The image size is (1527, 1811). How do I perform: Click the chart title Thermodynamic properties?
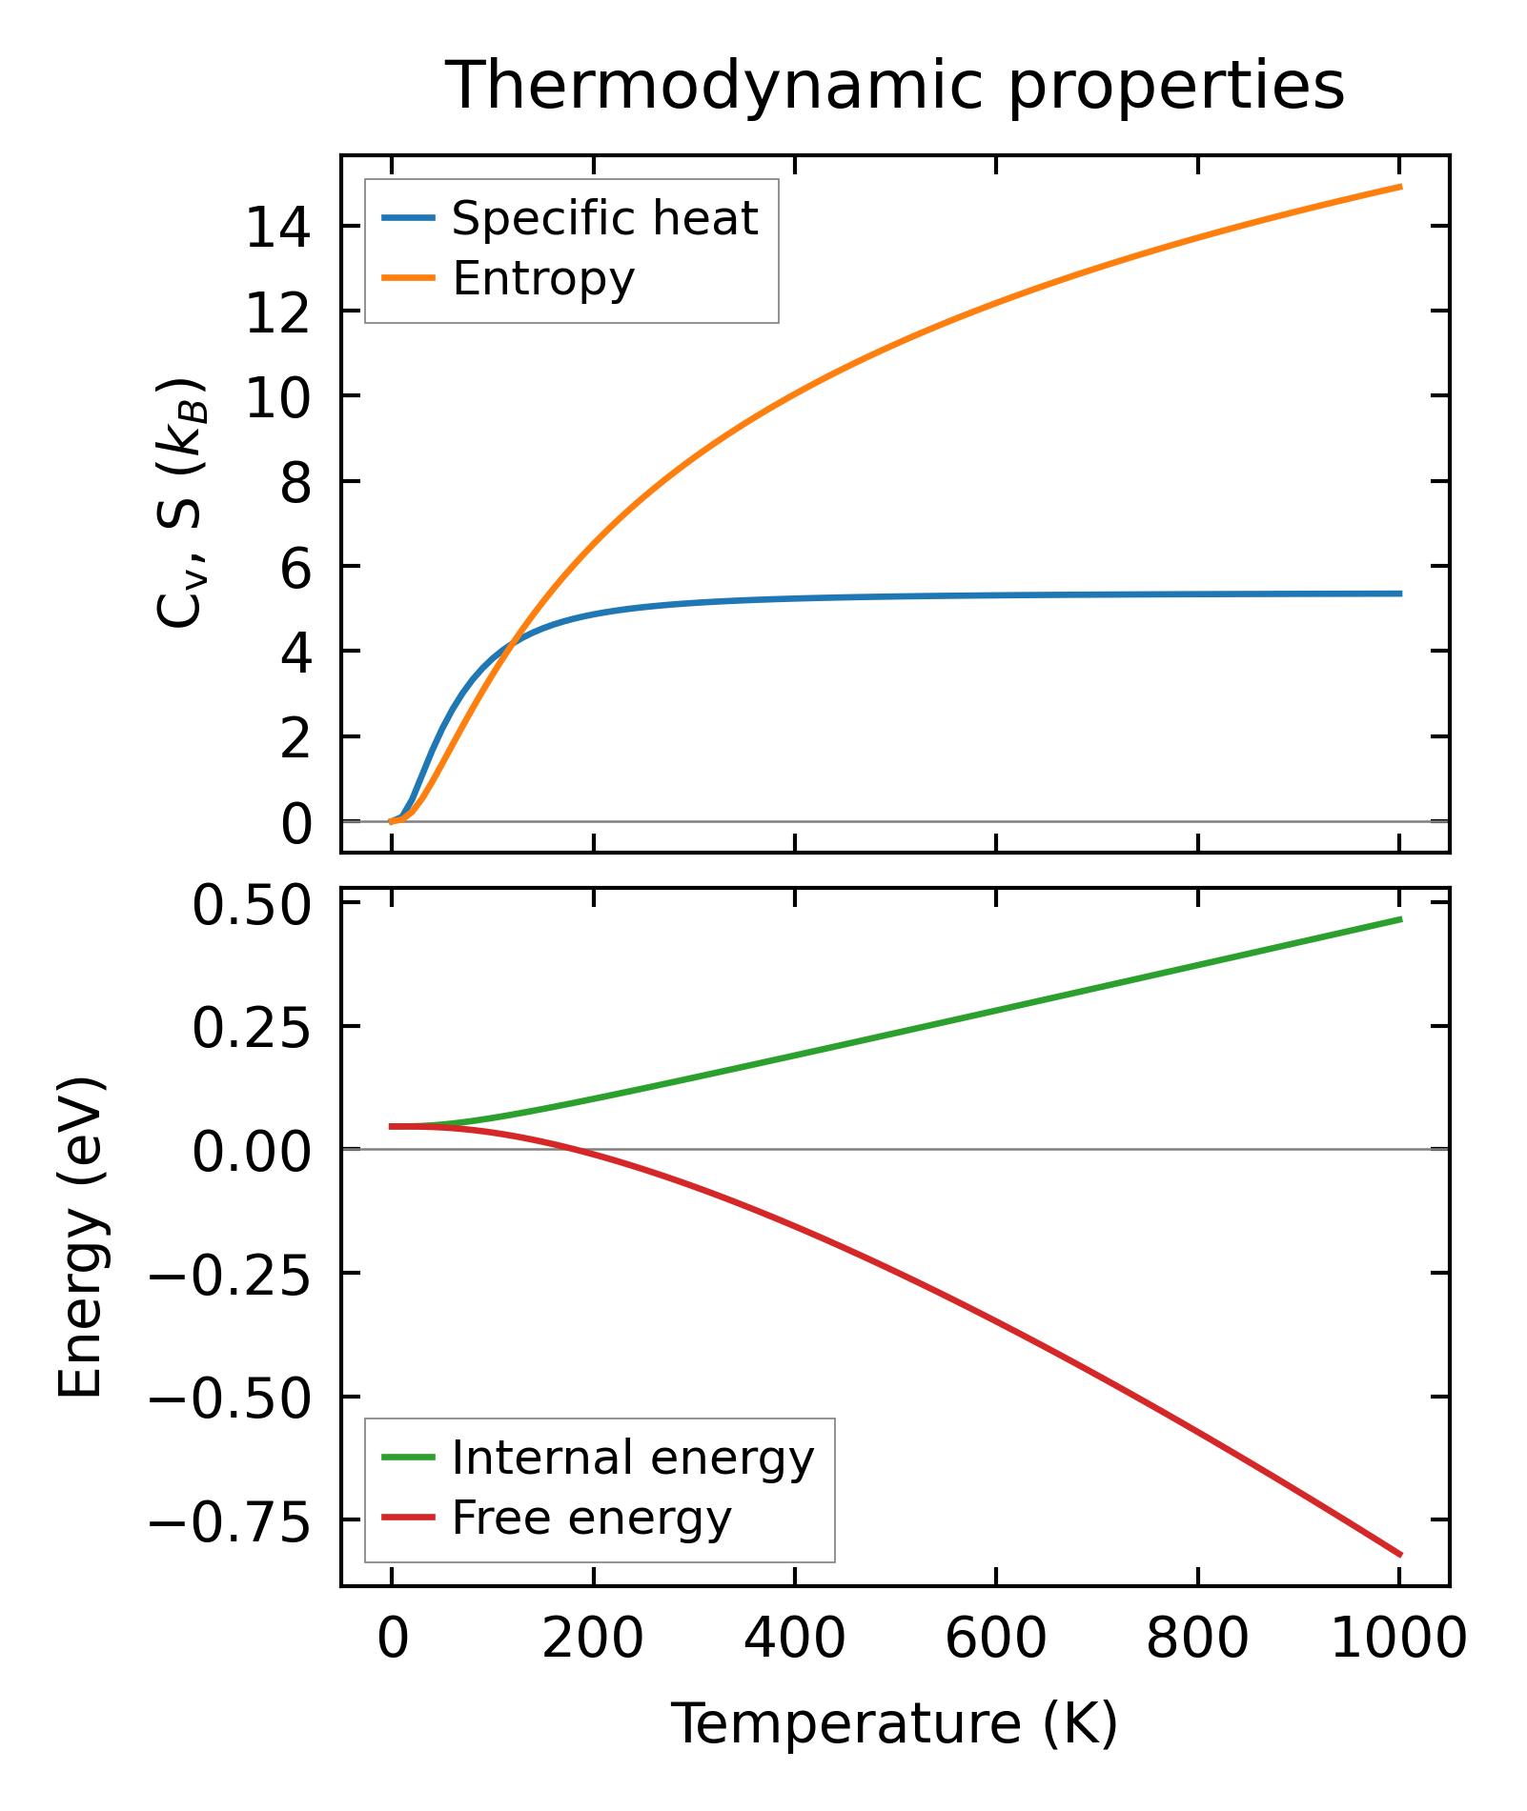point(895,87)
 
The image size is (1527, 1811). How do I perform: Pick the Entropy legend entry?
point(543,279)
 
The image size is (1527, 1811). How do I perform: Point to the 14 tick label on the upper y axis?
point(278,229)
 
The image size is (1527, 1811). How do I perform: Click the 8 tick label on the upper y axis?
point(295,483)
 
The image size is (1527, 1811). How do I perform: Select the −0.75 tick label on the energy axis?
point(230,1521)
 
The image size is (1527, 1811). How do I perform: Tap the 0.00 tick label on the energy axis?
point(252,1151)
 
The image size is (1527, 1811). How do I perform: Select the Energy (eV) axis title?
point(81,1238)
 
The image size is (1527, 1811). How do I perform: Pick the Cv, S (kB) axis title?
point(181,504)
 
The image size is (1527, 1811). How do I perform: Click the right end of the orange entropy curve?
point(1400,187)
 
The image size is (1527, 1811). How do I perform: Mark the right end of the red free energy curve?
point(1400,1555)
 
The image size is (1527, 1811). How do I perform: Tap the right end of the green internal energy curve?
point(1400,919)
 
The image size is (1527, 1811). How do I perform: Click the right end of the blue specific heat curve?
point(1400,594)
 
